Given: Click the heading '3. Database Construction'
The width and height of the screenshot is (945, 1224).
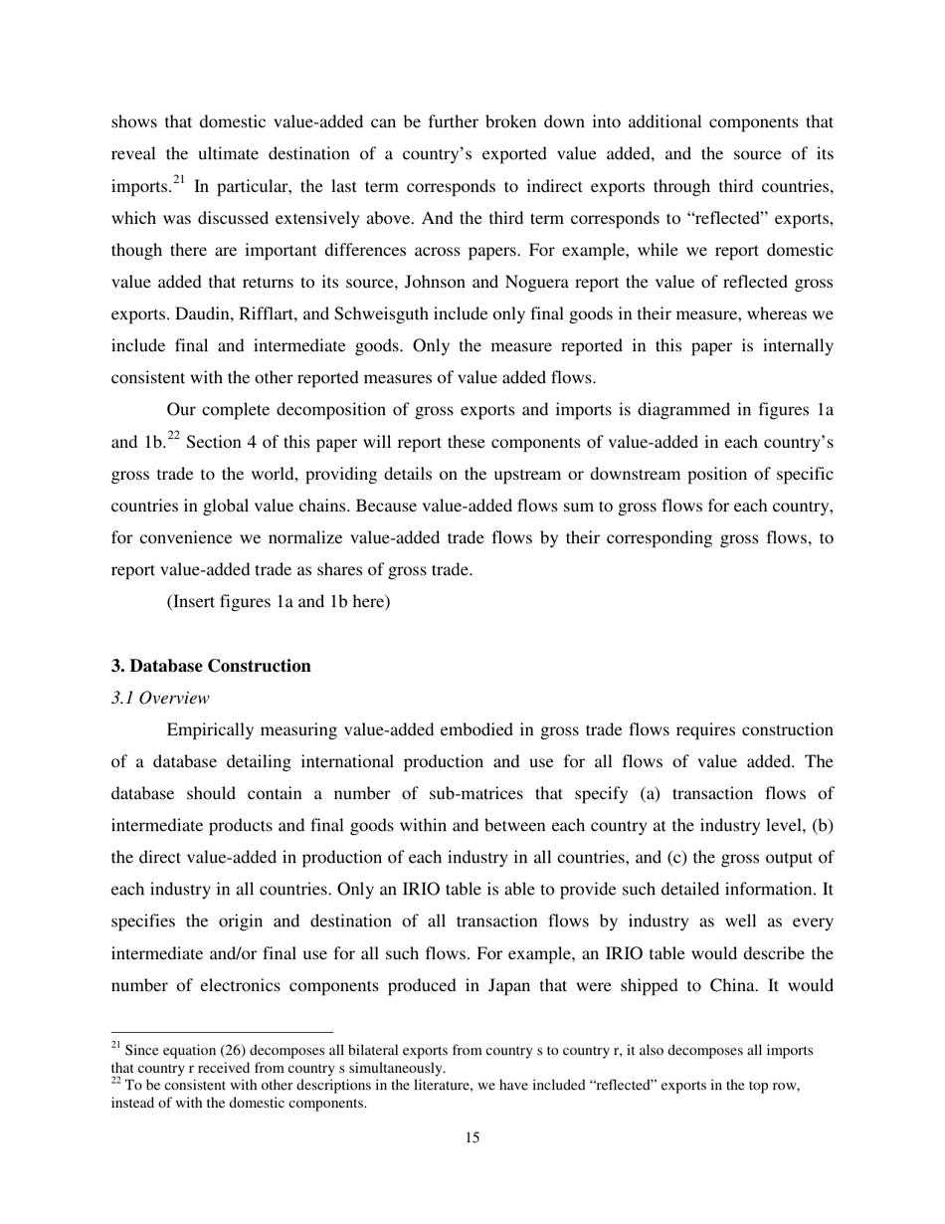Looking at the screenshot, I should pos(211,667).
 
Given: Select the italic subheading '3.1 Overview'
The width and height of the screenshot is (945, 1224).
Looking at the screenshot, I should pos(160,698).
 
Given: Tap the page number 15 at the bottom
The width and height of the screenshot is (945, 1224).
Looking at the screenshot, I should pos(472,1137).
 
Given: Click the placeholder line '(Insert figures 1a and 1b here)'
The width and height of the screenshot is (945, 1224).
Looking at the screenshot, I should pos(279,602).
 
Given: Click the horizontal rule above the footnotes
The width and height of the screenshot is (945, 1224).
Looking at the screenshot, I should pos(222,1032).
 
